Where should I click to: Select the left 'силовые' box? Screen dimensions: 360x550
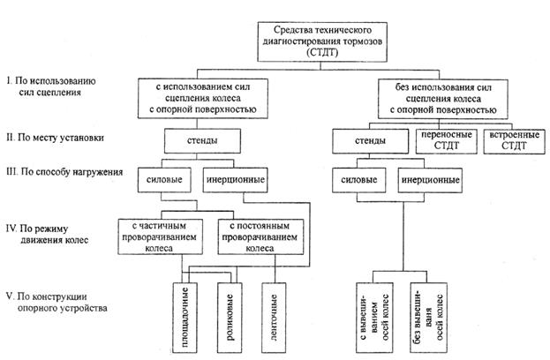click(166, 180)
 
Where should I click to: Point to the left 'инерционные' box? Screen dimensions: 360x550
click(233, 180)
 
